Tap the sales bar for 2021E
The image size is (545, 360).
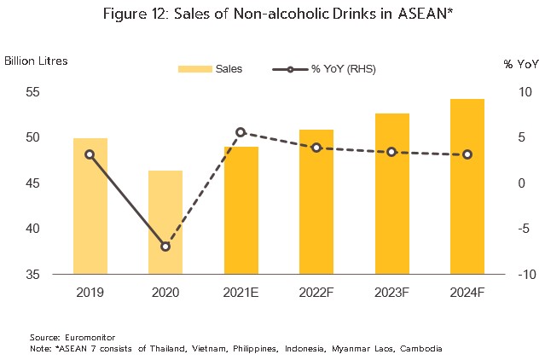(241, 211)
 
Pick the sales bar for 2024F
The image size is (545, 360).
(467, 187)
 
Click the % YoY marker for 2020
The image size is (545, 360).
(165, 247)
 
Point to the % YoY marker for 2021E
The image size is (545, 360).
(241, 132)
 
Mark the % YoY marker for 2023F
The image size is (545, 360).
(391, 152)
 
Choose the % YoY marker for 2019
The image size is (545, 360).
(90, 154)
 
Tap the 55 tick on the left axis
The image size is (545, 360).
(32, 92)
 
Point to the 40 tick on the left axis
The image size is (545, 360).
(32, 229)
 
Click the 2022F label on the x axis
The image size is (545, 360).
(316, 292)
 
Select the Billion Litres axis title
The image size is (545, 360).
(36, 61)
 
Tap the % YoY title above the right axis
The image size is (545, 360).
(520, 63)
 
